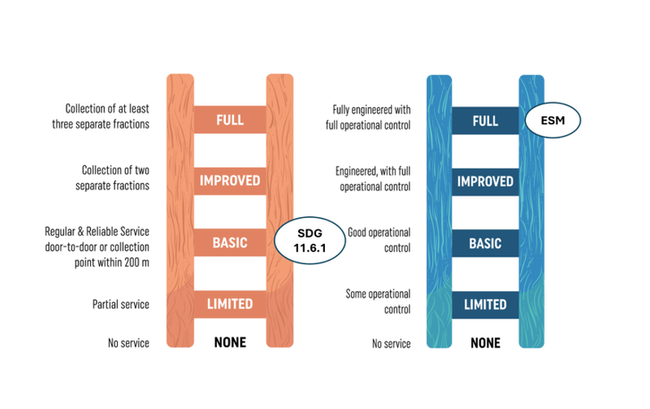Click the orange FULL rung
click(x=229, y=120)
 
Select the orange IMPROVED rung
click(x=229, y=180)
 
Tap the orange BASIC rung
click(x=229, y=243)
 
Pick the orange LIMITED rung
click(x=229, y=305)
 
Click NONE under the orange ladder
click(x=229, y=342)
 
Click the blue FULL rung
click(x=485, y=120)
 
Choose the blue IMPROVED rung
click(x=485, y=181)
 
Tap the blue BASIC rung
click(x=485, y=243)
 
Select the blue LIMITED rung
click(x=485, y=305)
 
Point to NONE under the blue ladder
click(x=485, y=343)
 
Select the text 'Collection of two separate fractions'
click(x=114, y=178)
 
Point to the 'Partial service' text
click(x=120, y=305)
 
